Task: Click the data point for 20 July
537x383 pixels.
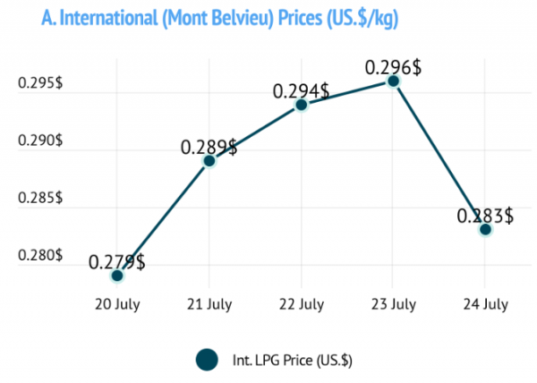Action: [x=117, y=276]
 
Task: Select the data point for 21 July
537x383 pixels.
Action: [x=209, y=161]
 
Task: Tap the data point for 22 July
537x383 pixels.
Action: [x=302, y=105]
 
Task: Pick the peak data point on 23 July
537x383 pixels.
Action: [x=394, y=81]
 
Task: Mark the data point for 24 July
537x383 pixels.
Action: [x=486, y=229]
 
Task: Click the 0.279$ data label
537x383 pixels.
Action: [x=117, y=262]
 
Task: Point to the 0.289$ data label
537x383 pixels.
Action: [x=209, y=148]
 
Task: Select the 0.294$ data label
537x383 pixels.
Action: [x=301, y=91]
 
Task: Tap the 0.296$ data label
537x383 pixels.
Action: [x=393, y=67]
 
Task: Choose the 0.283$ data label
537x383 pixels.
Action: [x=485, y=216]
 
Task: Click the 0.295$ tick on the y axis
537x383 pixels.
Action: [x=40, y=83]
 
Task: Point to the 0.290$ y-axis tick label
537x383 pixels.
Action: [x=40, y=140]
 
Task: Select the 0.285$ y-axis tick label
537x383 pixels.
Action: [x=40, y=198]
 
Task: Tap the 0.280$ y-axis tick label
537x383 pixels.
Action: [x=40, y=255]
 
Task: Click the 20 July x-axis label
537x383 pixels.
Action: [x=117, y=304]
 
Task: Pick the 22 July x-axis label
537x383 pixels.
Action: [x=302, y=304]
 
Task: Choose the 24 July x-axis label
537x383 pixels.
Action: [x=486, y=304]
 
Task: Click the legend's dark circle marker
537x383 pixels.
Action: [x=208, y=360]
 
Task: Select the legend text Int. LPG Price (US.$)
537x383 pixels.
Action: [x=293, y=361]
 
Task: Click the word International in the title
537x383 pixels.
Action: [x=109, y=18]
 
